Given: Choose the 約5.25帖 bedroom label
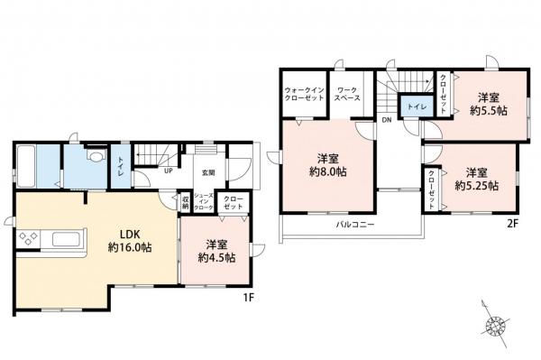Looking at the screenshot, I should tap(476, 179).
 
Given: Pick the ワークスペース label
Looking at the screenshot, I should tap(346, 96).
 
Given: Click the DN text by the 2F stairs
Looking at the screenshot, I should tap(386, 120).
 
